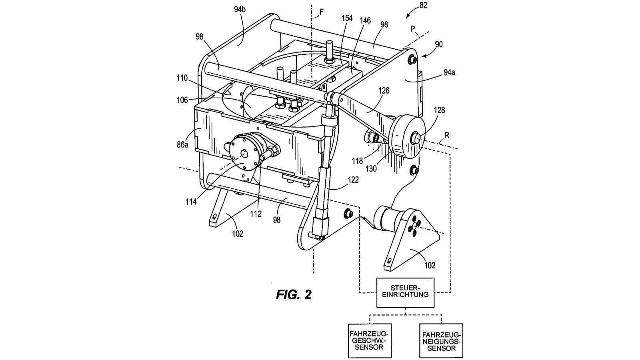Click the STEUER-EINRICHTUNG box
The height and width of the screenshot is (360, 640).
405,291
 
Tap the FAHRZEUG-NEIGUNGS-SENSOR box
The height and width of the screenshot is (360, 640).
441,340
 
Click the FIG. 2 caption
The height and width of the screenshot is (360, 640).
293,295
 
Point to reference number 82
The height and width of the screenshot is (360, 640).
423,6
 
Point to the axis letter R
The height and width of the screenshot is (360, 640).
447,136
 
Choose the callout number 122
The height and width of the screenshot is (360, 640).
353,180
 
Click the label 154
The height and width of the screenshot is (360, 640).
347,18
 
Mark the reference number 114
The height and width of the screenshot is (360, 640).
191,202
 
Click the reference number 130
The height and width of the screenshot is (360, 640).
371,169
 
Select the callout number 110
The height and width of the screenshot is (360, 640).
182,78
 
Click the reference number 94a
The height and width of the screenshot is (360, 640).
449,72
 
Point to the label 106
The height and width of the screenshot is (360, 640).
182,100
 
